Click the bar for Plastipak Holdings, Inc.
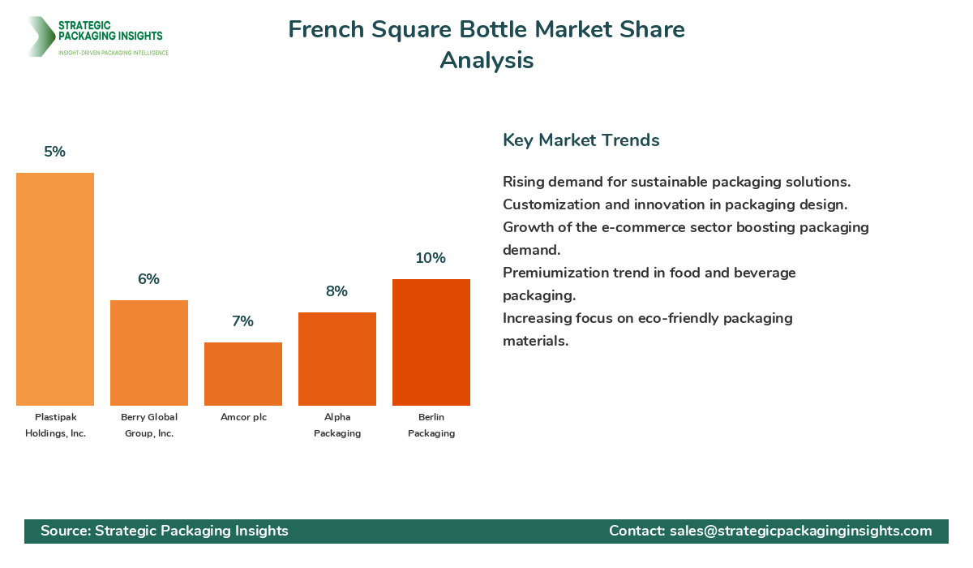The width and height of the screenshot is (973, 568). click(55, 289)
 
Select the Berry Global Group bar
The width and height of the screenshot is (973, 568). click(149, 353)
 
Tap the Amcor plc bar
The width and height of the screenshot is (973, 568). click(243, 374)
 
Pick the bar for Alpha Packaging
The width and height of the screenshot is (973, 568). click(337, 359)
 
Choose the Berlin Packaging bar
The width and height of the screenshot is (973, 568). click(431, 342)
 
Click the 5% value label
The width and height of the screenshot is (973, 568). click(55, 152)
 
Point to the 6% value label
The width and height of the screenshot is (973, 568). click(149, 279)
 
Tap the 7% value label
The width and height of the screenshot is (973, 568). click(243, 321)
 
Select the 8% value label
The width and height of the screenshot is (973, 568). click(337, 291)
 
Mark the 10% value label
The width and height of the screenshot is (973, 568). click(431, 258)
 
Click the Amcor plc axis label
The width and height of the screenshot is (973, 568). click(243, 417)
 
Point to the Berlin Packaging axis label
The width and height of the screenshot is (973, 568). click(431, 425)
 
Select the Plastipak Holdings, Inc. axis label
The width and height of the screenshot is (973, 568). click(55, 425)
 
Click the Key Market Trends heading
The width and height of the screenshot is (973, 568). click(581, 140)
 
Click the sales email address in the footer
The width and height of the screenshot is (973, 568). click(801, 531)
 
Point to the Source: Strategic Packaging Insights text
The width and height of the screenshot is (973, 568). click(165, 531)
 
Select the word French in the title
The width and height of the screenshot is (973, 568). click(325, 30)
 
